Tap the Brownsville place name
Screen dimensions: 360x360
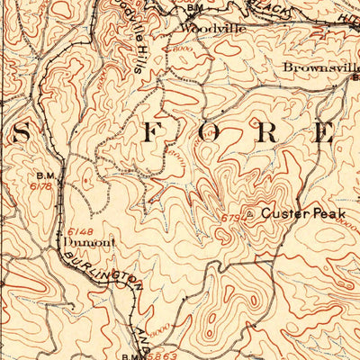(x=319, y=67)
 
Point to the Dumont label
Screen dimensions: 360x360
(x=79, y=241)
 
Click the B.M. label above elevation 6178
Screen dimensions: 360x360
(x=44, y=175)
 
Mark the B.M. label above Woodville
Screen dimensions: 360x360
(x=193, y=7)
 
